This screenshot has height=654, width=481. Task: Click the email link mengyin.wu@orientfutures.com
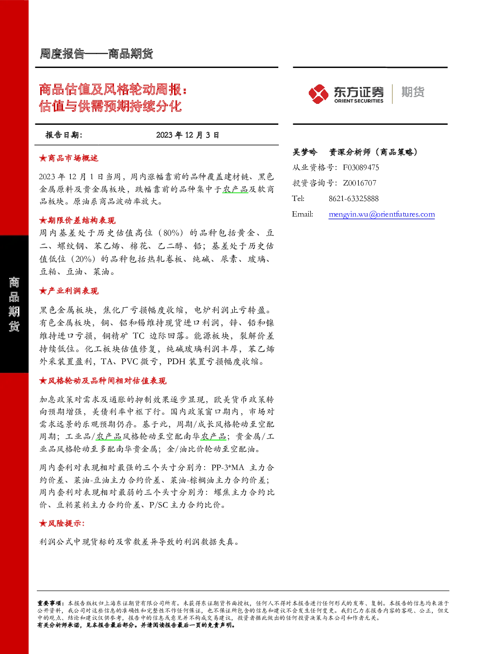pos(382,214)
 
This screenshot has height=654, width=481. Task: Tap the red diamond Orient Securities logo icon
pos(319,94)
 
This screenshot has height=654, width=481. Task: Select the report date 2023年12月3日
pos(188,135)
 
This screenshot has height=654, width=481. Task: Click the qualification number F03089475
pos(361,168)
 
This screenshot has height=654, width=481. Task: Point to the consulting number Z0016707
pos(360,183)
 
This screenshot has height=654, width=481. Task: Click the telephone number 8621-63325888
pos(353,199)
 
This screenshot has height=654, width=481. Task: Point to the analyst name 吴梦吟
pos(305,152)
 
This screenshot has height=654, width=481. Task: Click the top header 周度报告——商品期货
pos(96,54)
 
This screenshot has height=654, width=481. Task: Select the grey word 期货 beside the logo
pos(413,92)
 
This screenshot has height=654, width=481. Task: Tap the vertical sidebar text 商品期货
pos(14,304)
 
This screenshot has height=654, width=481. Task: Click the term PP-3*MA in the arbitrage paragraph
pos(228,468)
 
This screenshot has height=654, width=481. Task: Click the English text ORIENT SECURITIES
pos(359,101)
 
